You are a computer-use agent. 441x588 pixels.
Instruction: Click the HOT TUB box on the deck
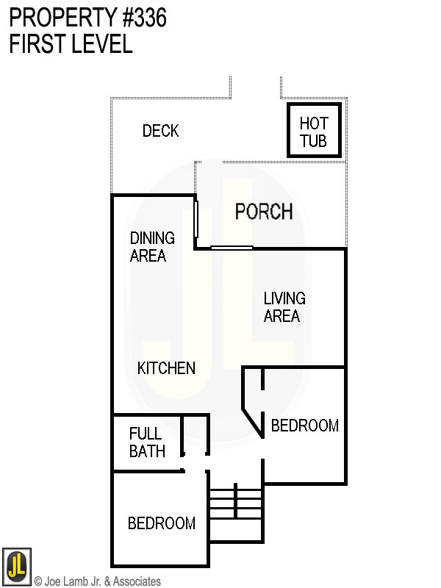(314, 130)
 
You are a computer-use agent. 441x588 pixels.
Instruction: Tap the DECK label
(160, 131)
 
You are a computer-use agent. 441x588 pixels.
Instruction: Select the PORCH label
(263, 212)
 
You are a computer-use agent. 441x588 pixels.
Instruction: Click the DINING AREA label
(152, 247)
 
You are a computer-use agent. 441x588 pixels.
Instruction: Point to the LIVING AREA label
(284, 307)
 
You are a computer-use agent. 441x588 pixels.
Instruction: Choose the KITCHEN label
(167, 368)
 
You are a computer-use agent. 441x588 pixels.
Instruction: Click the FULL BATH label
(147, 442)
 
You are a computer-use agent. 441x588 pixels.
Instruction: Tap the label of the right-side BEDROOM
(304, 426)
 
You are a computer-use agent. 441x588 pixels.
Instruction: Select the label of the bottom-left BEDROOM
(162, 523)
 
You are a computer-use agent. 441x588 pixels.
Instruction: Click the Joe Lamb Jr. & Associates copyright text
(97, 581)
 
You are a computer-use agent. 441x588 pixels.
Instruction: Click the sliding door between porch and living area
(232, 248)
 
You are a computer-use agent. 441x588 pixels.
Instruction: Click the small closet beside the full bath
(195, 437)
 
